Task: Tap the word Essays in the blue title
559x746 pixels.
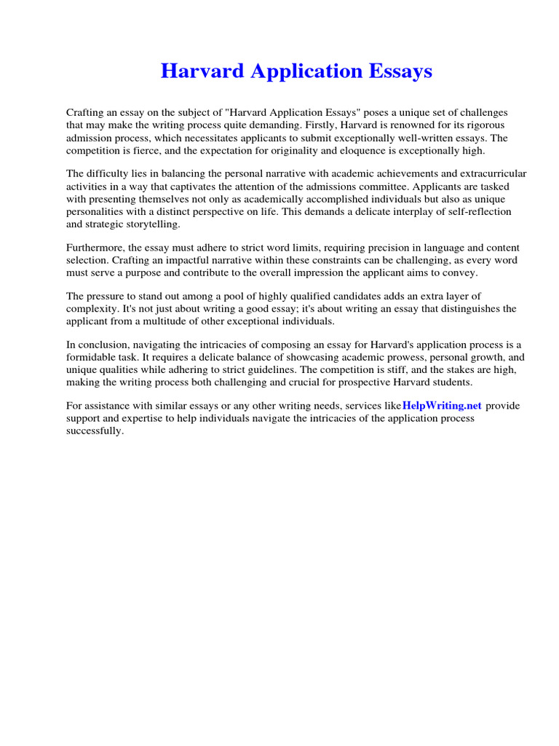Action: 400,71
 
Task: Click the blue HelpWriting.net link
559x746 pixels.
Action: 442,406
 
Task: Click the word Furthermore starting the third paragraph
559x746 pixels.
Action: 95,248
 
